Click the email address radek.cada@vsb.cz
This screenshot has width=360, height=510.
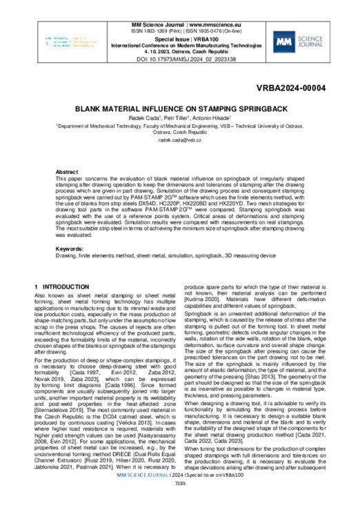point(179,139)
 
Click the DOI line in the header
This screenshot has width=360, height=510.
point(179,59)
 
